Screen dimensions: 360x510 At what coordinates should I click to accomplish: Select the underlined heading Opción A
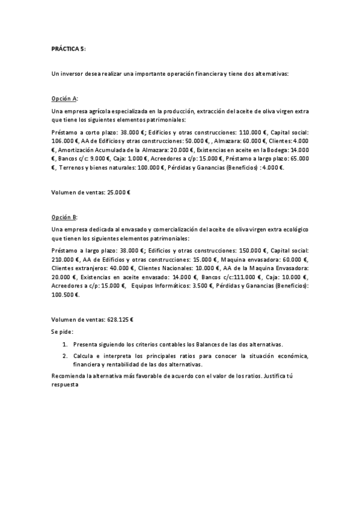click(x=64, y=97)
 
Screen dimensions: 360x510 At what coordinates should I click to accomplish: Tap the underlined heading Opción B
click(x=64, y=215)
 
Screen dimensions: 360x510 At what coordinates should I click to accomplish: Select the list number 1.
click(x=65, y=345)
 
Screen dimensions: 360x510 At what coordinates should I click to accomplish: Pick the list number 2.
click(x=65, y=356)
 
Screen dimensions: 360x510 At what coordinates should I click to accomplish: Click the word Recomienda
click(x=69, y=376)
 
